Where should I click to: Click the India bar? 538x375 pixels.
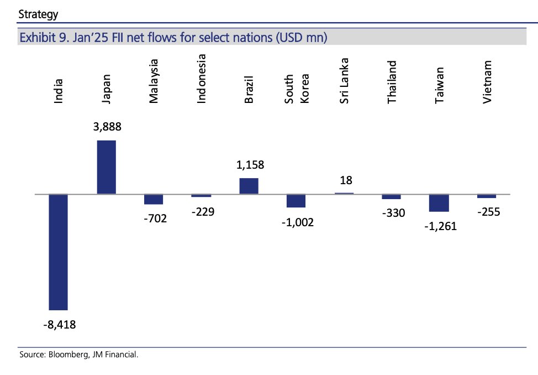59,252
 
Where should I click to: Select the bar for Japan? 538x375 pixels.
106,167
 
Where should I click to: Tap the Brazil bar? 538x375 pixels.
249,186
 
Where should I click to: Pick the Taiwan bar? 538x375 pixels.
439,203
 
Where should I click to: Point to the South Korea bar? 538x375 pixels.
296,201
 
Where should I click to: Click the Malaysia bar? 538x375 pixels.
154,200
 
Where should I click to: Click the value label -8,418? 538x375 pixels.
59,325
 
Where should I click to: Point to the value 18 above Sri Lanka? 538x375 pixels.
346,180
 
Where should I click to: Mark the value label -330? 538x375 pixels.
392,212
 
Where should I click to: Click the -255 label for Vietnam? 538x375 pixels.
487,211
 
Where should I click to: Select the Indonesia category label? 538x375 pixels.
202,79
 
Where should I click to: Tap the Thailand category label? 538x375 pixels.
392,82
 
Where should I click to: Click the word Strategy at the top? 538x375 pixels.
38,14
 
